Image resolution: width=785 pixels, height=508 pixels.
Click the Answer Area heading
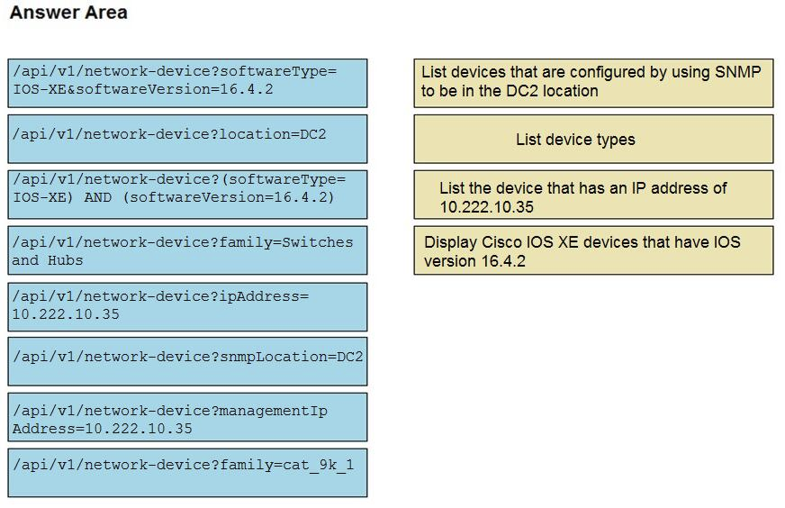pyautogui.click(x=68, y=12)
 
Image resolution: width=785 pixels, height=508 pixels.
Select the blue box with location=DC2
pyautogui.click(x=187, y=139)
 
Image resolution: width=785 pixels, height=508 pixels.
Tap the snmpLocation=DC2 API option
pyautogui.click(x=187, y=361)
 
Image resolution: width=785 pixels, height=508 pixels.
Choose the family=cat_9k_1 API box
pyautogui.click(x=187, y=473)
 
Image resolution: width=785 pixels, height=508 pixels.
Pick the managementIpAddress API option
pyautogui.click(x=187, y=417)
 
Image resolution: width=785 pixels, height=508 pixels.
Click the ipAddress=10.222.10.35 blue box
pyautogui.click(x=187, y=306)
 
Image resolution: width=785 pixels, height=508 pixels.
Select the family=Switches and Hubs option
pyautogui.click(x=187, y=250)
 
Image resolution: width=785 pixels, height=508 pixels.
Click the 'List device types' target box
pyautogui.click(x=593, y=139)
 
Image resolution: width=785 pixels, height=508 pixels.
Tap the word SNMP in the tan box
pyautogui.click(x=738, y=72)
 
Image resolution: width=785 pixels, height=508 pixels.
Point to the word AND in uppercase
pyautogui.click(x=97, y=197)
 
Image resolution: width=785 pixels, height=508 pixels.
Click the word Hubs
pyautogui.click(x=65, y=260)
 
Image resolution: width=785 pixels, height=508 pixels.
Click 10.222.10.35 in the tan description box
pyautogui.click(x=487, y=207)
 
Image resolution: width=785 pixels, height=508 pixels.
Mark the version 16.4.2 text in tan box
pyautogui.click(x=474, y=261)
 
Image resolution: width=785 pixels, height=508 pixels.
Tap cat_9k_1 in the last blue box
pyautogui.click(x=319, y=465)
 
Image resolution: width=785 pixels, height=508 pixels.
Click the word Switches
pyautogui.click(x=318, y=242)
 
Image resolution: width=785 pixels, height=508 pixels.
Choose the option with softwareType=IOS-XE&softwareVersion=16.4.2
pyautogui.click(x=187, y=83)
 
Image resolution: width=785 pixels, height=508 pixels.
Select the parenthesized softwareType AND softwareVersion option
pyautogui.click(x=187, y=195)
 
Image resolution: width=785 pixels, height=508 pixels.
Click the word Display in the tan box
pyautogui.click(x=450, y=242)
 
